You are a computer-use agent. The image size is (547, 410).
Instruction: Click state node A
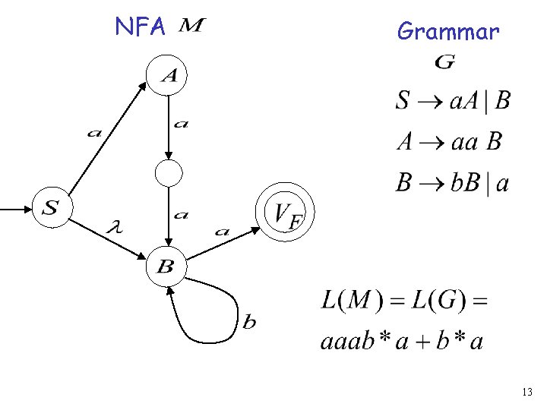click(x=168, y=74)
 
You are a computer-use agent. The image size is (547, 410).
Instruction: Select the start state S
click(x=52, y=207)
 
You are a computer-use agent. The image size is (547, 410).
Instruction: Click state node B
click(x=166, y=266)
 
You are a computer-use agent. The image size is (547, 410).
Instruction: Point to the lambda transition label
click(x=116, y=225)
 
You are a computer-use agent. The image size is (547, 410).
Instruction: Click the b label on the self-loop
click(x=249, y=323)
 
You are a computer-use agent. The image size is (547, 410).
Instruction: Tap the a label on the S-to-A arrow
click(x=94, y=134)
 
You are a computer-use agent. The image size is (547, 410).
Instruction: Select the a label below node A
click(x=181, y=125)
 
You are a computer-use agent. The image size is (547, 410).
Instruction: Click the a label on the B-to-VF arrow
click(x=222, y=231)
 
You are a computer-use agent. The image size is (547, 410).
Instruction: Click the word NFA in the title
click(x=140, y=27)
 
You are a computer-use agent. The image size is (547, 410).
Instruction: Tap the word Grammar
click(x=448, y=31)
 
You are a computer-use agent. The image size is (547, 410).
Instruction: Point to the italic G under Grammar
click(x=445, y=63)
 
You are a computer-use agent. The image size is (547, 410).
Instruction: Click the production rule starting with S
click(x=453, y=101)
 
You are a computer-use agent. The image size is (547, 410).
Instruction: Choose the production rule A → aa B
click(x=448, y=142)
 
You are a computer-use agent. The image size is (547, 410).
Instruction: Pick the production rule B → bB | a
click(x=452, y=184)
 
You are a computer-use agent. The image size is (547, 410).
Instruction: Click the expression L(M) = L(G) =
click(x=403, y=301)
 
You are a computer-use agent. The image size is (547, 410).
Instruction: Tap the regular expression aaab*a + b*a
click(x=401, y=341)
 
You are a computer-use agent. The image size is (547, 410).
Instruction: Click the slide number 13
click(x=527, y=392)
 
